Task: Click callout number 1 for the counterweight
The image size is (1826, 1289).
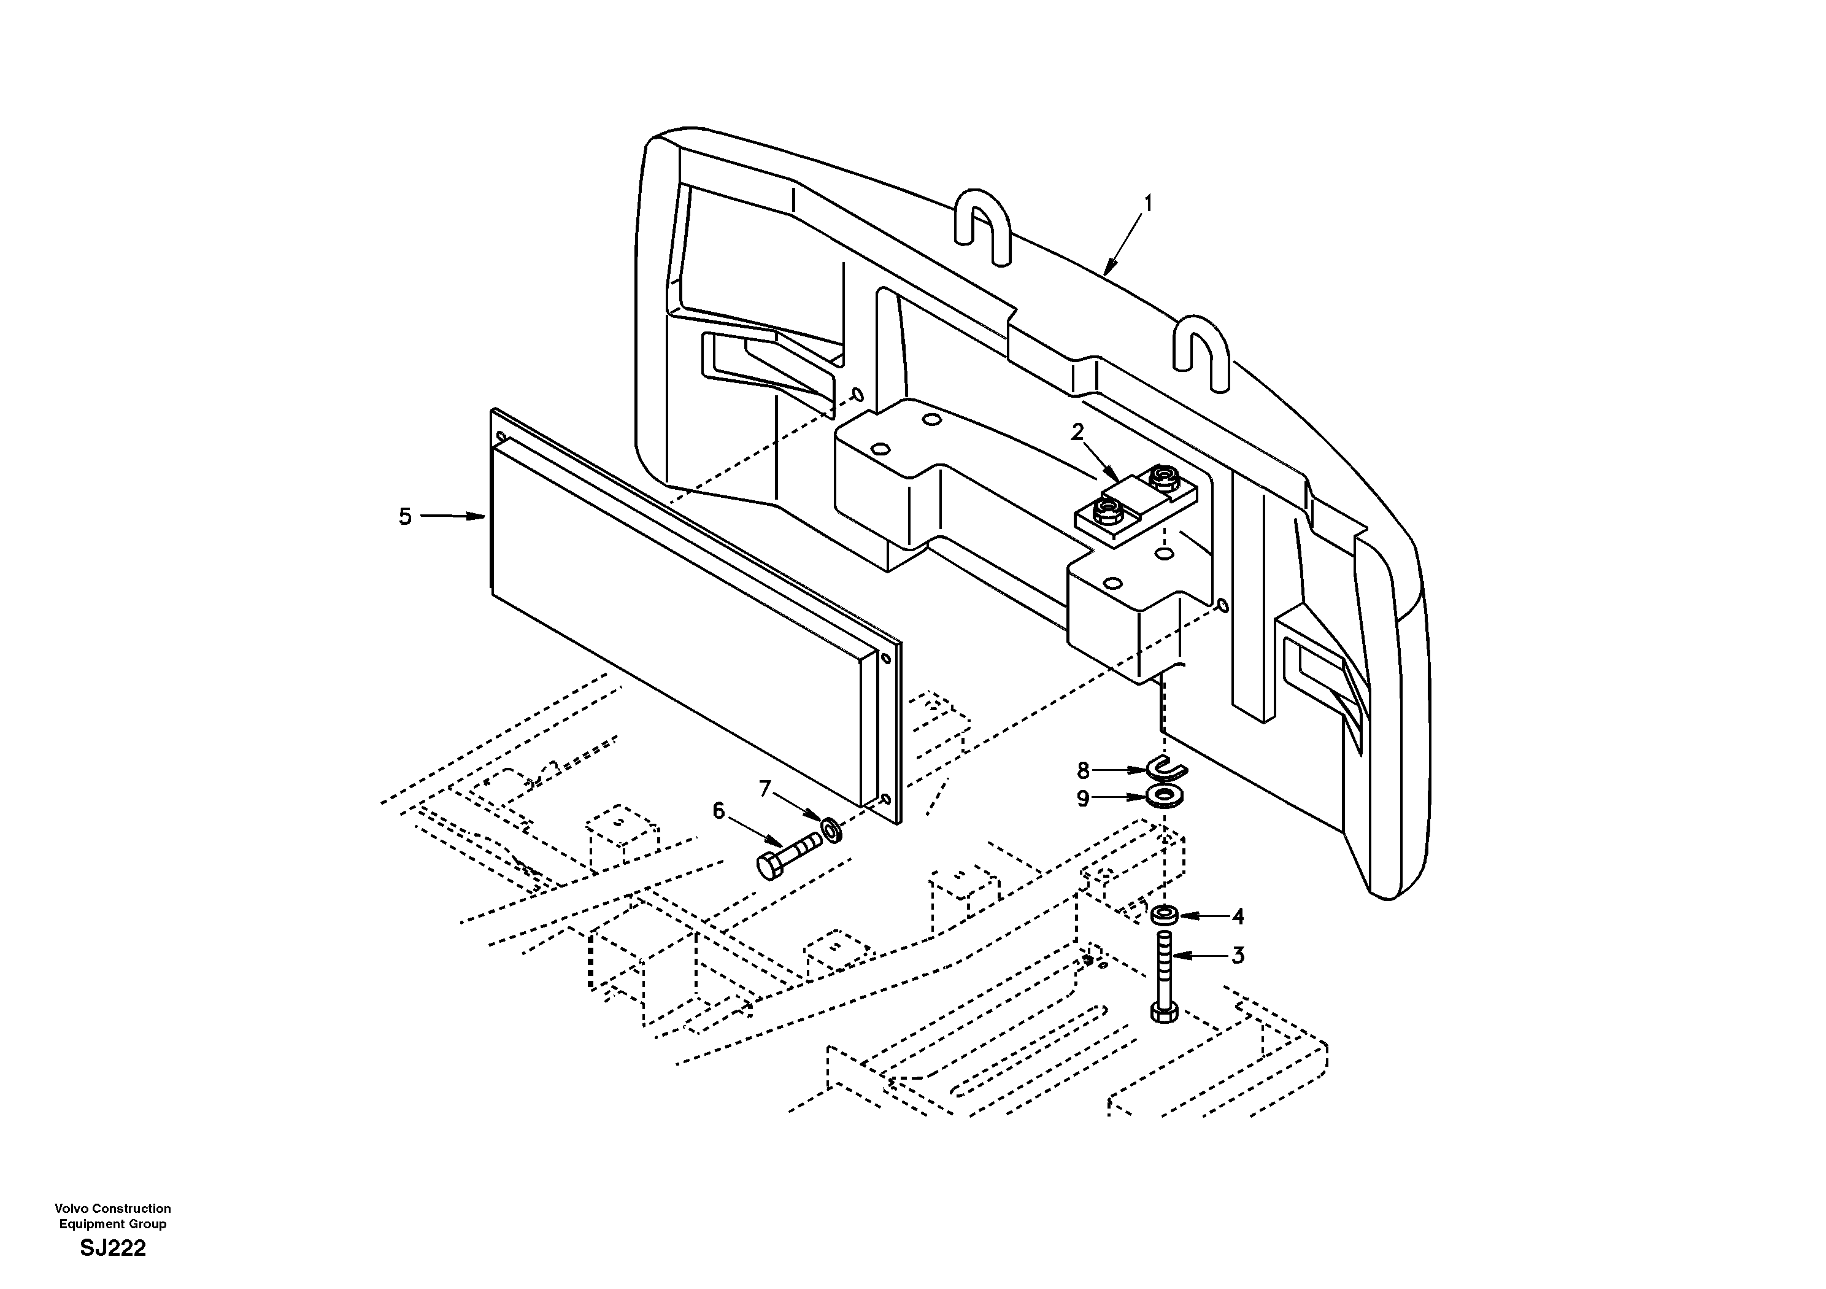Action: click(1147, 204)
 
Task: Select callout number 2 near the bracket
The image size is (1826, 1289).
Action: click(1077, 433)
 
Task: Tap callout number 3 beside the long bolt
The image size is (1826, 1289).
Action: click(1238, 956)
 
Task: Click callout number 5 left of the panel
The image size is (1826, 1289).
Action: click(405, 517)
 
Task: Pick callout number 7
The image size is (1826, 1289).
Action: click(765, 789)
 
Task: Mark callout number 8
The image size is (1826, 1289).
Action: click(1082, 770)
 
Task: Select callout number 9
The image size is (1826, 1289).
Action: click(1082, 798)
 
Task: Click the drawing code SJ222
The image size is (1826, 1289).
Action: click(113, 1248)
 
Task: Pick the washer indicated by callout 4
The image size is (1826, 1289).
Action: click(1165, 915)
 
